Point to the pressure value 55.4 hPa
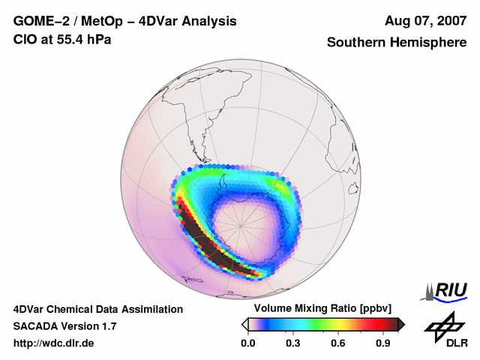click(x=86, y=39)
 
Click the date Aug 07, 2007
click(x=425, y=21)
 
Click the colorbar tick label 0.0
click(x=248, y=343)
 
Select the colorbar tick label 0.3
click(x=293, y=343)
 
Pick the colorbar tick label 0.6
click(x=338, y=343)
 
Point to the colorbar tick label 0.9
click(x=383, y=343)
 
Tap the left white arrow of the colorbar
click(x=244, y=324)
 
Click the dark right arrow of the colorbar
click(x=400, y=324)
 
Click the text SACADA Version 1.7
click(x=65, y=326)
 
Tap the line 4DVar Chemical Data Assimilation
click(x=97, y=309)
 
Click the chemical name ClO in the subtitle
click(x=25, y=39)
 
